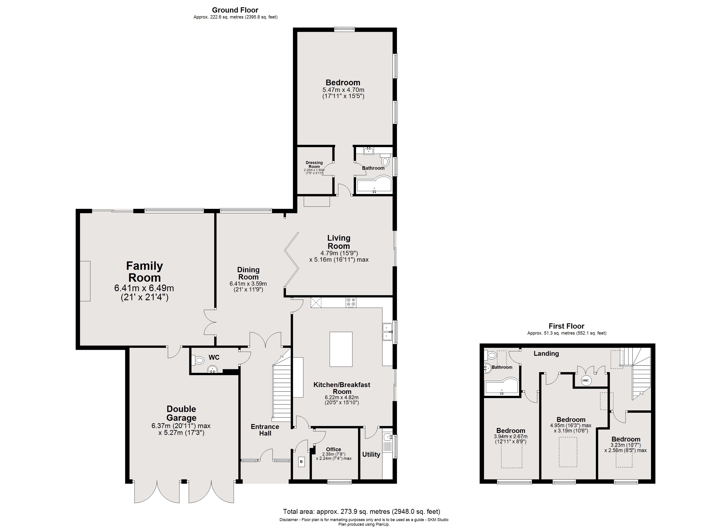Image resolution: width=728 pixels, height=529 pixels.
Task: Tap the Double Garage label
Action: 181,413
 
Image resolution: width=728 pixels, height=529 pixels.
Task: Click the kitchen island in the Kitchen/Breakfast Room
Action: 341,349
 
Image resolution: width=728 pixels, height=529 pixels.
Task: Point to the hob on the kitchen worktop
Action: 351,302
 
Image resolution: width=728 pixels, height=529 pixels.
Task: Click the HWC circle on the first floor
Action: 586,380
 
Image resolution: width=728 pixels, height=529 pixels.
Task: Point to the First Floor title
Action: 567,326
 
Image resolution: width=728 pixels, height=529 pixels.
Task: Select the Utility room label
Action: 371,454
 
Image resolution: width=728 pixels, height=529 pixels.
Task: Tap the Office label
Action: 334,449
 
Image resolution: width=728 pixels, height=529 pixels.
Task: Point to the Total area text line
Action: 361,511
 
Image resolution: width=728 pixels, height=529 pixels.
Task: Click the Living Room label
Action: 339,242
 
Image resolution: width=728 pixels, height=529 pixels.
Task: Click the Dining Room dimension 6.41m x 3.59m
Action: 248,284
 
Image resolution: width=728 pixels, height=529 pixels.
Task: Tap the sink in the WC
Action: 212,370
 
